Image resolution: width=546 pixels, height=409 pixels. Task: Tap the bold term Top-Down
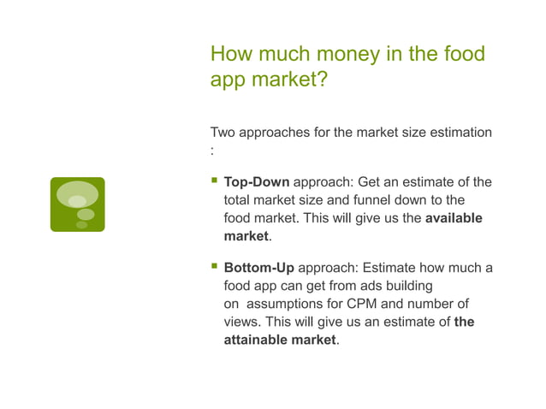point(257,182)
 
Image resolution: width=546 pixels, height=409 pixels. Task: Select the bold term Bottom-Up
point(258,268)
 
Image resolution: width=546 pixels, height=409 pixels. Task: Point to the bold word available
point(454,218)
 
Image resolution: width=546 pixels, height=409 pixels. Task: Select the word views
point(240,322)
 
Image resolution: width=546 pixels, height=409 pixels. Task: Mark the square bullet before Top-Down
point(214,181)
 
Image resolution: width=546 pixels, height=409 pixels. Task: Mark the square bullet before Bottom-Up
point(214,267)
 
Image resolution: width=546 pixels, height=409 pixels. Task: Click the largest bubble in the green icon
point(77,195)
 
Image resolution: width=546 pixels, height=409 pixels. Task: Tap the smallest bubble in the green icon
point(82,225)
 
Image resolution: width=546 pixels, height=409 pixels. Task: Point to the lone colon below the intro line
point(212,151)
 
